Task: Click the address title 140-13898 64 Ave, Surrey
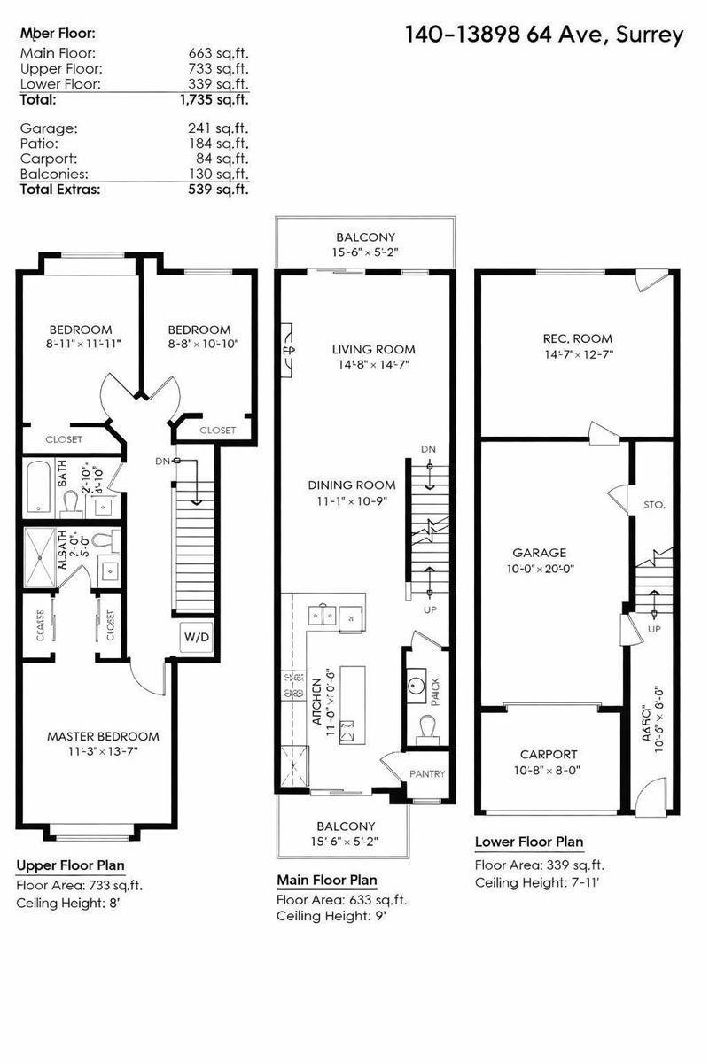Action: coord(544,35)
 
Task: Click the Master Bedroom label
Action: coord(103,736)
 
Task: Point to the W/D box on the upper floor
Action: coord(196,636)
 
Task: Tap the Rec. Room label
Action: coord(577,338)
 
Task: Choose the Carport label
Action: coord(549,755)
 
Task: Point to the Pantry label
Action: coord(426,773)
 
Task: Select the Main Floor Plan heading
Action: coord(326,881)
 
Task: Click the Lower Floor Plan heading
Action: coord(528,842)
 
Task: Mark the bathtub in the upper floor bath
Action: coord(38,486)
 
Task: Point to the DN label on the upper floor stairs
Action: coord(163,461)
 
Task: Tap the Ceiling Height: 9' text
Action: coord(331,917)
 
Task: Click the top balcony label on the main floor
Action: coord(364,237)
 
